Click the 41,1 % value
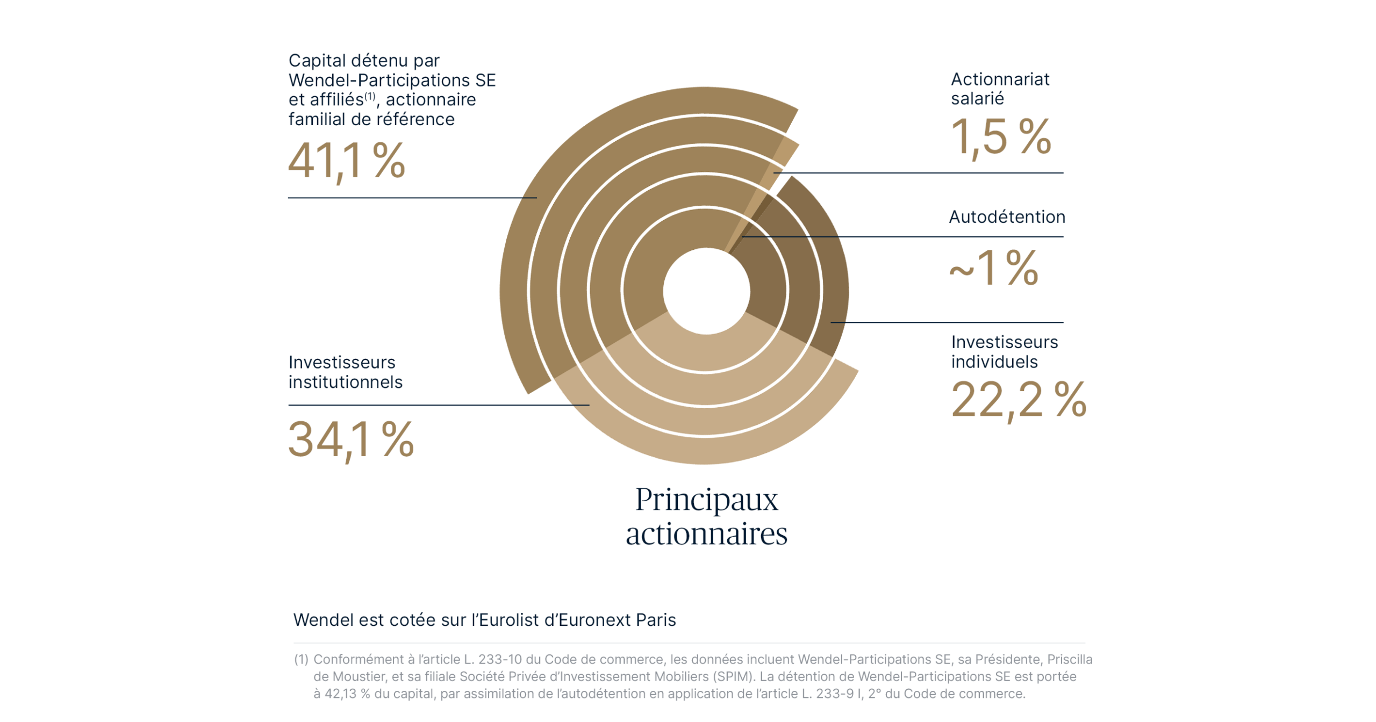pos(346,161)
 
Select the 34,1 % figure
pos(351,439)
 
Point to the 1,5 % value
pos(1000,137)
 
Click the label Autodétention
pos(1006,217)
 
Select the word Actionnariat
pos(999,79)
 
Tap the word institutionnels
pos(345,382)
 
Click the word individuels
pos(994,362)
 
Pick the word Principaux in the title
pos(706,500)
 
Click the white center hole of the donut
pos(706,291)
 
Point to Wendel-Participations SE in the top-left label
pos(392,80)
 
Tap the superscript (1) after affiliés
pos(370,96)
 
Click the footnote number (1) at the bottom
pos(301,659)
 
